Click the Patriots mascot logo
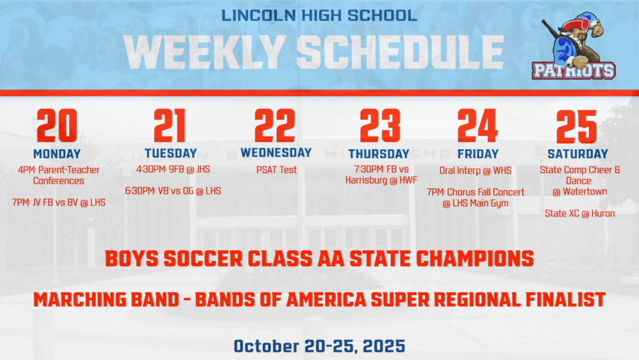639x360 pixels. tap(574, 45)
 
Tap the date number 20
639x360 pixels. tap(57, 125)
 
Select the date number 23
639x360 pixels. tap(380, 125)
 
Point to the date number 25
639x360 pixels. tap(576, 127)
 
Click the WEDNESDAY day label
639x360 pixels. tap(276, 153)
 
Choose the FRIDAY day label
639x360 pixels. tap(478, 154)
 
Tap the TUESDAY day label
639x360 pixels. tap(171, 153)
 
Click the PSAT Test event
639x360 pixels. tap(276, 170)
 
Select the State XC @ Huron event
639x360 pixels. tap(580, 214)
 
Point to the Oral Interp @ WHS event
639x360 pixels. tap(475, 171)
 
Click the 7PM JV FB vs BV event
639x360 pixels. tap(59, 203)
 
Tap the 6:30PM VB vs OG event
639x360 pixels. tap(173, 191)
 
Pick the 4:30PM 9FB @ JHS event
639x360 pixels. tap(173, 169)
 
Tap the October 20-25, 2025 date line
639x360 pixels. tap(319, 347)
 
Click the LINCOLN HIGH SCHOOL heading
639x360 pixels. tap(319, 15)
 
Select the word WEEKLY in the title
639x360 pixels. tap(205, 52)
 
